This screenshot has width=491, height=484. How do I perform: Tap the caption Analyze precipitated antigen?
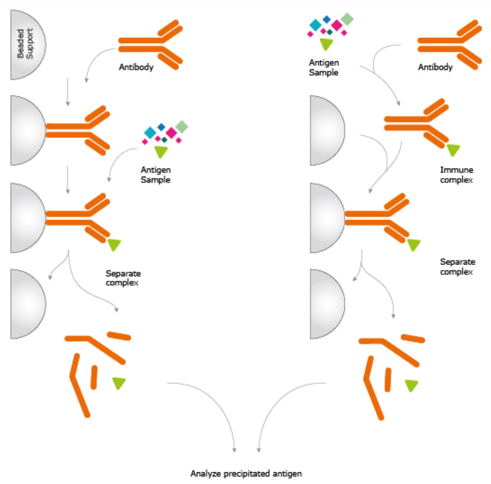click(x=246, y=473)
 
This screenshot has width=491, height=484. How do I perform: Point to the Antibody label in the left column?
click(x=136, y=67)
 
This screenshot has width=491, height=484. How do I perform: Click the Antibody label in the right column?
click(x=435, y=67)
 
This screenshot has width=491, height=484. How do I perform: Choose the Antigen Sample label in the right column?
click(x=324, y=67)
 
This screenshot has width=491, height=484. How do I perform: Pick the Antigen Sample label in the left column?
click(x=157, y=175)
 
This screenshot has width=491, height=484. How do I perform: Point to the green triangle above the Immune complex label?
click(x=453, y=149)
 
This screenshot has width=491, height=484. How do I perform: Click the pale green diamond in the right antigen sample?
click(x=347, y=19)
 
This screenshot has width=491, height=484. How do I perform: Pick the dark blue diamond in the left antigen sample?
click(x=161, y=126)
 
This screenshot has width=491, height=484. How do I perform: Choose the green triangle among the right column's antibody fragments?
click(x=411, y=385)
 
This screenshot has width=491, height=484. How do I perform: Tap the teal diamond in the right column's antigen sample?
click(x=316, y=24)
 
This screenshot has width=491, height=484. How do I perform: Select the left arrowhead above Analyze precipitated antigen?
click(x=235, y=450)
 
